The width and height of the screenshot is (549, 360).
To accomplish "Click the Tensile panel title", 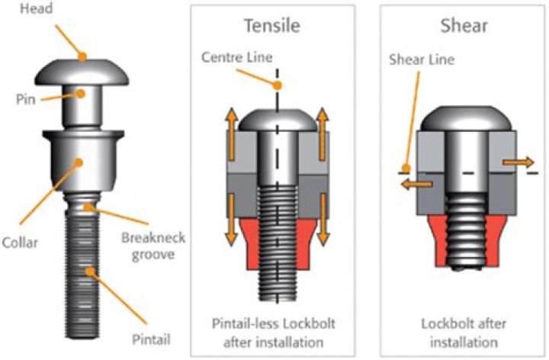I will [271, 24].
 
